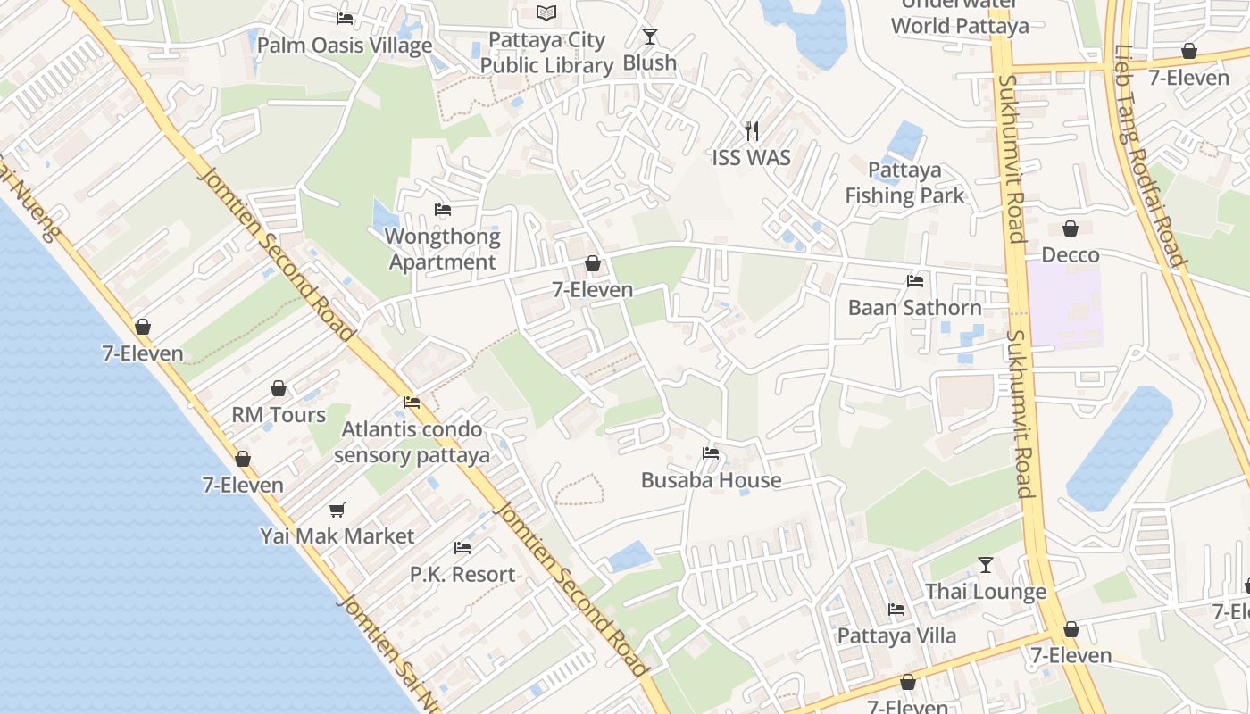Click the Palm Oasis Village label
coord(345,46)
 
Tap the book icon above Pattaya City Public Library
coord(546,12)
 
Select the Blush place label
coord(649,63)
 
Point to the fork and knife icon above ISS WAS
coord(752,131)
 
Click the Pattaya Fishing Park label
coord(904,183)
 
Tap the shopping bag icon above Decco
coord(1071,229)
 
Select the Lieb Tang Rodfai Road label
coord(1149,156)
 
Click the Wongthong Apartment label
coord(442,249)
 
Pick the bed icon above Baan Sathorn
coord(915,281)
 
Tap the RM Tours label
coord(279,415)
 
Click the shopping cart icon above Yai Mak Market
coord(337,510)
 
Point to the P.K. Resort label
coord(462,574)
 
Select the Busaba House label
coord(711,480)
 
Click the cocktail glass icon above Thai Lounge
coord(986,565)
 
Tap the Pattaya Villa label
coord(896,635)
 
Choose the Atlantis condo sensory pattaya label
coord(412,442)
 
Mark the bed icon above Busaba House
coord(711,453)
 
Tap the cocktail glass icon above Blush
coord(650,37)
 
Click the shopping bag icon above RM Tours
coord(279,388)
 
